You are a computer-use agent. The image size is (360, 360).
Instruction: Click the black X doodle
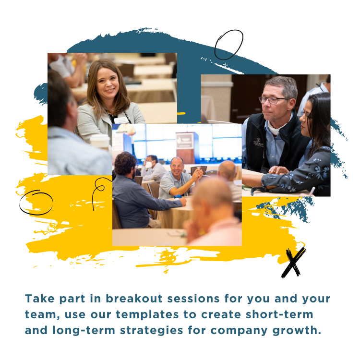pos(292,263)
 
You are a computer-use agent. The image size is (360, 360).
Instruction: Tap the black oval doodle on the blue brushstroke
pos(228,45)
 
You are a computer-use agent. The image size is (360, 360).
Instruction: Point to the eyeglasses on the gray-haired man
pos(275,100)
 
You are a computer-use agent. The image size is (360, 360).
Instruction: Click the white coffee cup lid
pos(100,138)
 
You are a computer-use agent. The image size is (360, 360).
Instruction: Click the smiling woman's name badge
pos(121,120)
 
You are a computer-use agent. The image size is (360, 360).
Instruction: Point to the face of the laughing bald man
pos(177,167)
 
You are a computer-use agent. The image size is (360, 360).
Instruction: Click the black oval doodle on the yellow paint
pos(36,202)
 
